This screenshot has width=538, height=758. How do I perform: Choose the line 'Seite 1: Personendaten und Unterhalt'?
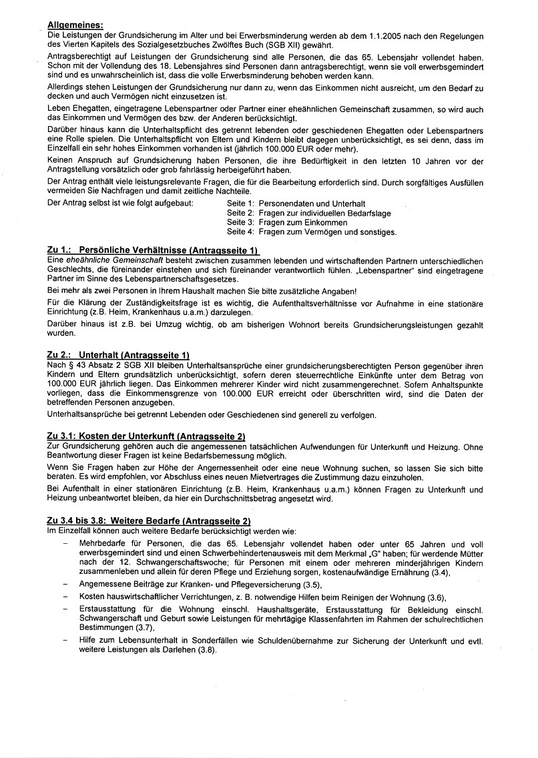[x=297, y=203]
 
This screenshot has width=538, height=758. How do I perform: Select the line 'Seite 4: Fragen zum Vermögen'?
[x=311, y=232]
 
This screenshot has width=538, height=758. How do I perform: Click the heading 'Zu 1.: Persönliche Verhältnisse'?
[x=154, y=250]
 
